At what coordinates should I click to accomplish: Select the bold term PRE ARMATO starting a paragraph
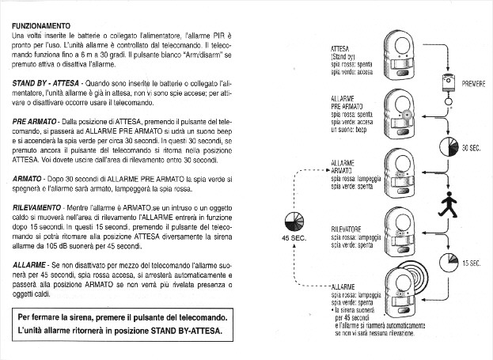point(36,120)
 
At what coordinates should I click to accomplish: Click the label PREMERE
point(472,84)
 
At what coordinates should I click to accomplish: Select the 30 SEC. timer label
point(472,149)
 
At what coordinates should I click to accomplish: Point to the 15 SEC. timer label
point(472,263)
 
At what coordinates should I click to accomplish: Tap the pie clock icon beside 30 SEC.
point(446,149)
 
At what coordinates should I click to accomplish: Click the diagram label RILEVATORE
point(346,228)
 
